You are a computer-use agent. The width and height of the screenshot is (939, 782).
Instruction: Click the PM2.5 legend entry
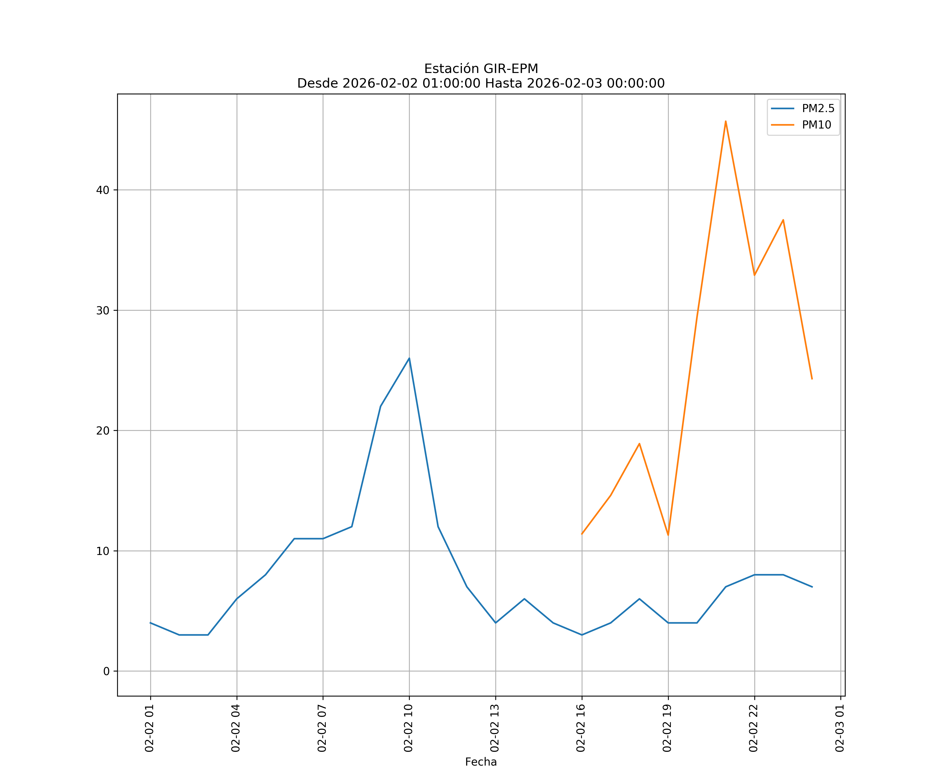(x=818, y=109)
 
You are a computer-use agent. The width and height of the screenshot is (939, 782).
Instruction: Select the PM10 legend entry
(x=816, y=125)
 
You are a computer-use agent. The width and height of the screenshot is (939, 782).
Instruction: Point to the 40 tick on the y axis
(x=103, y=190)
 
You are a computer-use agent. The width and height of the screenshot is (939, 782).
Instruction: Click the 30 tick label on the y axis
(x=103, y=310)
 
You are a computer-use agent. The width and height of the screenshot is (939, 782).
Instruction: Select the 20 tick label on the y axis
(x=103, y=431)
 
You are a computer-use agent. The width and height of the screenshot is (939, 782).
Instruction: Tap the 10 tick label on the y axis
(x=103, y=551)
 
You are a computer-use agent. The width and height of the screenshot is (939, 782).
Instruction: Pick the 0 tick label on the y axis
(x=106, y=671)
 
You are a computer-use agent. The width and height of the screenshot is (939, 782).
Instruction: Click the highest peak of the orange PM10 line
(x=725, y=121)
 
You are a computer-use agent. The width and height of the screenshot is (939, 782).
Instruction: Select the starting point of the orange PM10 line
(x=582, y=534)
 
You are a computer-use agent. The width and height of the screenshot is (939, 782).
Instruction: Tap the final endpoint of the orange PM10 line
(x=812, y=379)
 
